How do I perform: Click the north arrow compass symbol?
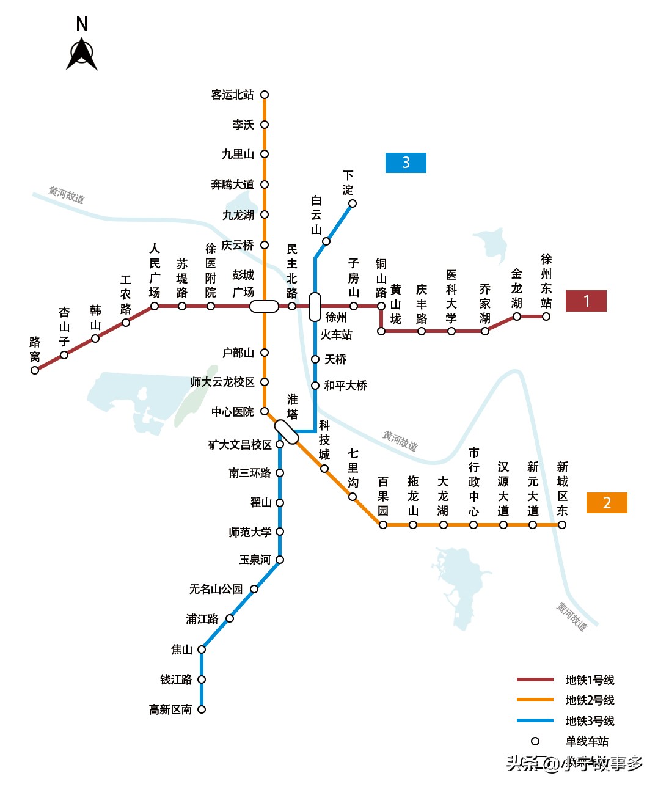click(x=82, y=54)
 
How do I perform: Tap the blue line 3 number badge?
click(x=406, y=163)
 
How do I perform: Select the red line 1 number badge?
click(x=586, y=301)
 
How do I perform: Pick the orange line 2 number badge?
click(x=607, y=503)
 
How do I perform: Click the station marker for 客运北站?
click(x=265, y=95)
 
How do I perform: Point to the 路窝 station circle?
click(x=35, y=370)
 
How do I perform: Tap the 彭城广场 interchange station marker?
click(x=264, y=306)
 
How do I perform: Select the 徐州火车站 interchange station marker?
click(x=315, y=307)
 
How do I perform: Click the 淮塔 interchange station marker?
click(x=286, y=432)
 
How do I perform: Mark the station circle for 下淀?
click(x=353, y=203)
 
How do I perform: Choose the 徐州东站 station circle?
click(x=546, y=317)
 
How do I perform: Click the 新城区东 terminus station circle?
click(x=562, y=525)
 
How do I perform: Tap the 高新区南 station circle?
click(x=202, y=709)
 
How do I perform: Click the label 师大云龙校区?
click(x=222, y=382)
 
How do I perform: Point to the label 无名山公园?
click(x=216, y=589)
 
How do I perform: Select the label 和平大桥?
click(x=345, y=386)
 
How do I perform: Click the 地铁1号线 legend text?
click(x=590, y=680)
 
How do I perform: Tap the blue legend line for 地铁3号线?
click(x=535, y=720)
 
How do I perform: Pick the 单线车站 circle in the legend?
click(x=535, y=741)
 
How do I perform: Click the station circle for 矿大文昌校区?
click(x=280, y=444)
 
